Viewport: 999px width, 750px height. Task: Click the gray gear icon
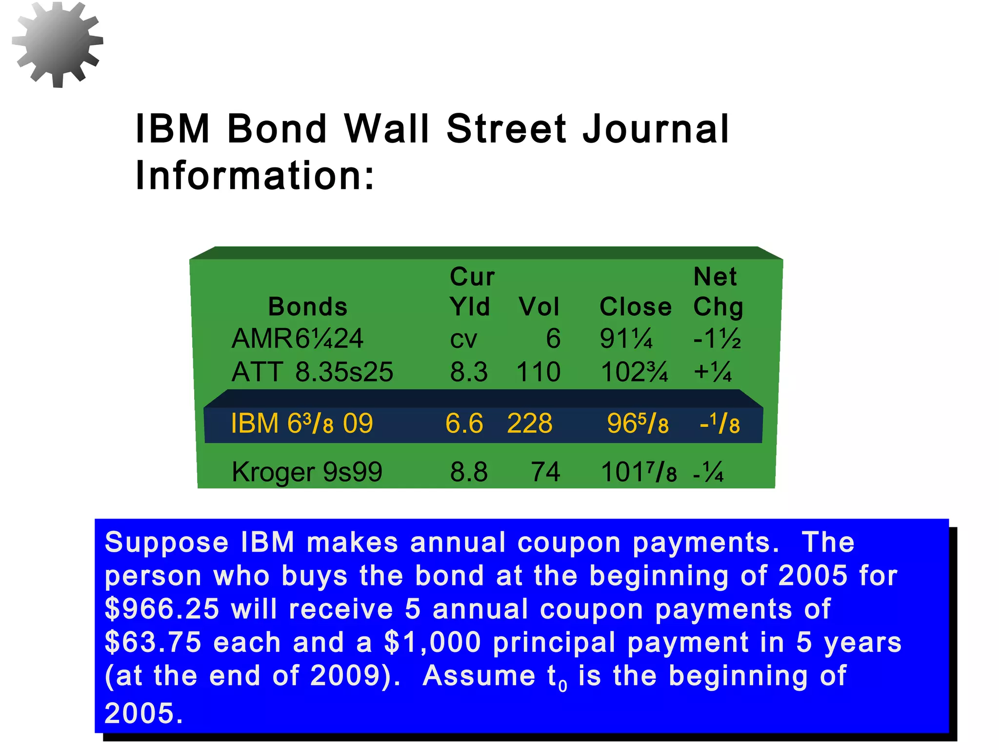click(58, 44)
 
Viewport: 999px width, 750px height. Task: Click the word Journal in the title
click(656, 129)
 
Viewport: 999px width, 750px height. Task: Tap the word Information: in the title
click(255, 175)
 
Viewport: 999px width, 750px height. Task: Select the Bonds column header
click(308, 307)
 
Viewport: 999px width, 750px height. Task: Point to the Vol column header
click(539, 307)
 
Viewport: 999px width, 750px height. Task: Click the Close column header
click(635, 307)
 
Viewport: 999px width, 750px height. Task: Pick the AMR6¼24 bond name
click(298, 338)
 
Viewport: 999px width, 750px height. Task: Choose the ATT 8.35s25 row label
click(312, 372)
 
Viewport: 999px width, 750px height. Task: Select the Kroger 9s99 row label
click(307, 472)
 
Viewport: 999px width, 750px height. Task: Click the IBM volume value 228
click(530, 423)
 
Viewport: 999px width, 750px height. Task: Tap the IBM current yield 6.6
click(464, 423)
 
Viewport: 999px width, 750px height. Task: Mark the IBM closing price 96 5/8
click(638, 423)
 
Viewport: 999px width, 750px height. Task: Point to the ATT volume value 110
click(539, 372)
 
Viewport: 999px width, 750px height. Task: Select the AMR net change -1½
click(717, 338)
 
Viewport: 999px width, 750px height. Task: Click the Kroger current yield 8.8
click(469, 472)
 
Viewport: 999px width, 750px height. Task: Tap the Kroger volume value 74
click(545, 472)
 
